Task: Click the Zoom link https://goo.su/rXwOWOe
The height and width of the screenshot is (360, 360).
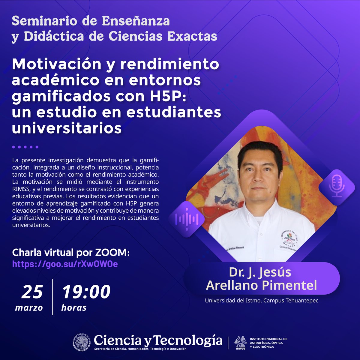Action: click(x=65, y=264)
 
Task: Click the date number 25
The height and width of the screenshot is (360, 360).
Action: click(x=32, y=292)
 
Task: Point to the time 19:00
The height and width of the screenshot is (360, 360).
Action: click(x=86, y=292)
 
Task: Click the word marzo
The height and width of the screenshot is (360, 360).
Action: click(x=29, y=307)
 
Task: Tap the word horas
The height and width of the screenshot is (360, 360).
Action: click(x=74, y=307)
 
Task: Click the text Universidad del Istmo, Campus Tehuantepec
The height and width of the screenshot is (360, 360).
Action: click(x=261, y=300)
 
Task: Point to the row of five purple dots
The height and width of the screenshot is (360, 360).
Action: click(x=25, y=147)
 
